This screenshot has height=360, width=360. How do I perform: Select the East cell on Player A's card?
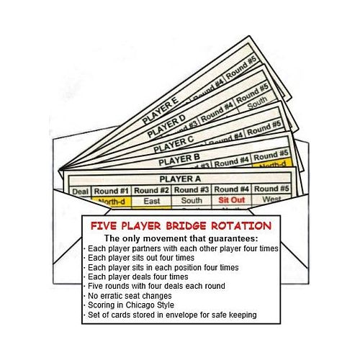coord(152,201)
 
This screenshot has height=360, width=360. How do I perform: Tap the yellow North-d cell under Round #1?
coord(112,202)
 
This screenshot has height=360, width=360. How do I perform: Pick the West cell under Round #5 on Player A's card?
coord(272,199)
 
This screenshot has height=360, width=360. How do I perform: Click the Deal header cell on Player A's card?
coord(80,192)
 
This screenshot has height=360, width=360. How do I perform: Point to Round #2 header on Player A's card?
coord(151,190)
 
